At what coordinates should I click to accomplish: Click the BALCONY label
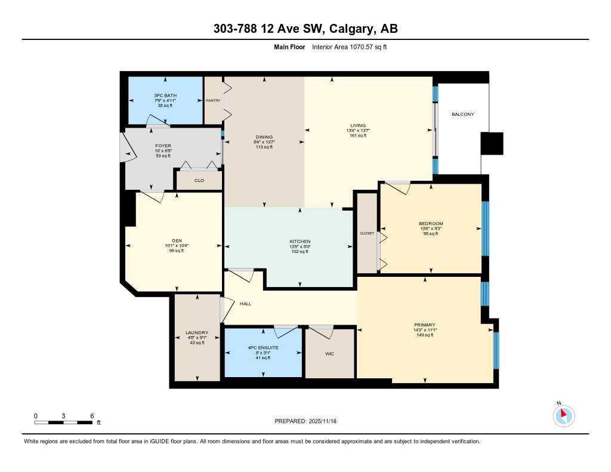point(462,114)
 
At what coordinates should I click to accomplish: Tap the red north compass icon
point(563,415)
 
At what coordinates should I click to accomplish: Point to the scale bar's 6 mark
point(91,416)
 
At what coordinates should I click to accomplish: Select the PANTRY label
point(213,101)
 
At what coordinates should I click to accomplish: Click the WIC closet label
point(329,354)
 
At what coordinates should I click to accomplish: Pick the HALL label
point(245,304)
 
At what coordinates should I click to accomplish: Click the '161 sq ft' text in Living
point(358,135)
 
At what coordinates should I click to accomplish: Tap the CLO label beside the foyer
point(199,180)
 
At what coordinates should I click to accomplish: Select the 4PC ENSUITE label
point(263,347)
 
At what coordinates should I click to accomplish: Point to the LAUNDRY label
point(196,332)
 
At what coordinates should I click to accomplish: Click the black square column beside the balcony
point(492,143)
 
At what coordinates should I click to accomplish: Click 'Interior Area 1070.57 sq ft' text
point(349,47)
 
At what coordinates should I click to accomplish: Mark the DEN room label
point(177,240)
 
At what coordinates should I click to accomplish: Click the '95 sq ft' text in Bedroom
point(430,233)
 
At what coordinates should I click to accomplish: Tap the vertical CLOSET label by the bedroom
point(366,233)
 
